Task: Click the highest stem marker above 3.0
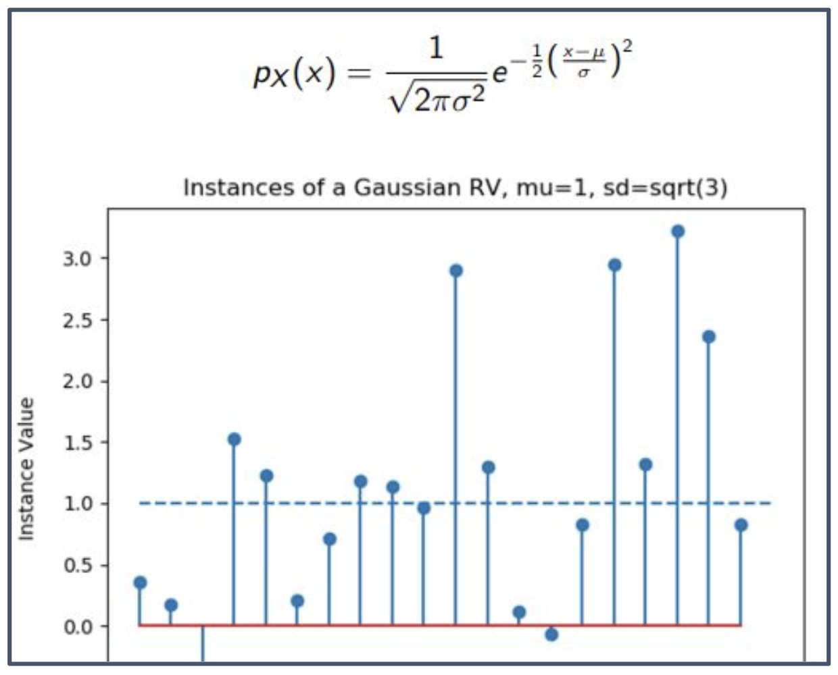pos(678,232)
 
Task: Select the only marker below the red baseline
pos(551,634)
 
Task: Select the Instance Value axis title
pos(26,469)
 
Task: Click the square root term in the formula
pos(437,99)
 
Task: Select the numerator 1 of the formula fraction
pos(437,49)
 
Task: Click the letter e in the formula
pos(499,72)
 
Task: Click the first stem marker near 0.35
pos(140,583)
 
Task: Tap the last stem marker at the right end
pos(741,525)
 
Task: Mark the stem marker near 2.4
pos(709,337)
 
